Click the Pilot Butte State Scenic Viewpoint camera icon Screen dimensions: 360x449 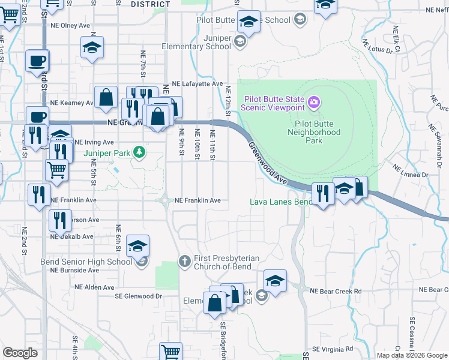click(x=313, y=103)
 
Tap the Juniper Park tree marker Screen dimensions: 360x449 click(x=139, y=152)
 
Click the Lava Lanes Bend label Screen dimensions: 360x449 click(x=280, y=202)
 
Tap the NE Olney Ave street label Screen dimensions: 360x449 click(x=70, y=26)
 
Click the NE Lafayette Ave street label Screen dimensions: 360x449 click(x=197, y=84)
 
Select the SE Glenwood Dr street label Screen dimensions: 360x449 click(x=139, y=296)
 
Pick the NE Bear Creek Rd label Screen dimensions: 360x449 click(x=336, y=291)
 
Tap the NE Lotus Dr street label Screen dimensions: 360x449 click(x=377, y=46)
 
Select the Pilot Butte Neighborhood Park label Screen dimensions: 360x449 click(x=313, y=132)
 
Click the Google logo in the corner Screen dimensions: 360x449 click(x=20, y=353)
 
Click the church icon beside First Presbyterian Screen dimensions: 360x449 click(x=185, y=259)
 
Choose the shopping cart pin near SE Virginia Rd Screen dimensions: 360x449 click(x=171, y=351)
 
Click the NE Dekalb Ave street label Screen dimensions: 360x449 click(x=73, y=236)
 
